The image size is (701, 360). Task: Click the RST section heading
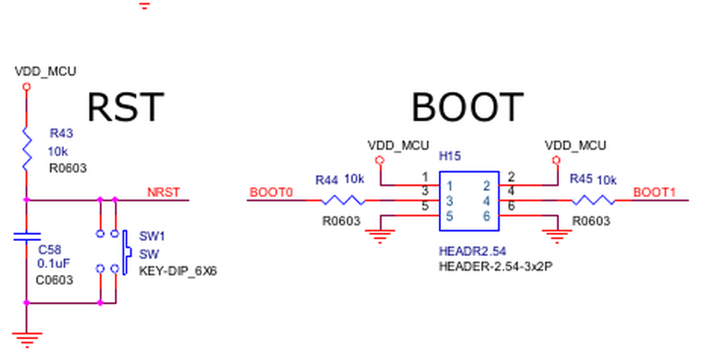pos(125,107)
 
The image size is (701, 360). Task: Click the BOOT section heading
pos(467,107)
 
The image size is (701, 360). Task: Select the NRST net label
pos(164,193)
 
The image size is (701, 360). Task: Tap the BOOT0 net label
pos(271,193)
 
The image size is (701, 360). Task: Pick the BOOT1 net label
pos(654,193)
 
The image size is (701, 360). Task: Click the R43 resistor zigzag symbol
pos(27,149)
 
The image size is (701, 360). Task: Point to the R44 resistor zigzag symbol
pos(343,200)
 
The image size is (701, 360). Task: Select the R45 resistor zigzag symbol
pos(594,200)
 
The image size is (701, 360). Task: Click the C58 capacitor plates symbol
pos(27,236)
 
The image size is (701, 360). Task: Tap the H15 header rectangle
pos(469,201)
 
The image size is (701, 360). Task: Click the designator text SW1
pos(152,236)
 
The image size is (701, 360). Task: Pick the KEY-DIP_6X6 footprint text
pos(178,272)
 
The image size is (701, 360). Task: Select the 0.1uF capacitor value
pos(53,264)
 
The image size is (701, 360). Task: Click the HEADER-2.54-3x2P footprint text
pos(495,266)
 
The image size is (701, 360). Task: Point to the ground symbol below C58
pos(27,340)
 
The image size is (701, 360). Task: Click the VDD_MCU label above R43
pos(46,72)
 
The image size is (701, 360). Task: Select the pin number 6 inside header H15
pos(486,216)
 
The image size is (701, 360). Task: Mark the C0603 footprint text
pos(54,280)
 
